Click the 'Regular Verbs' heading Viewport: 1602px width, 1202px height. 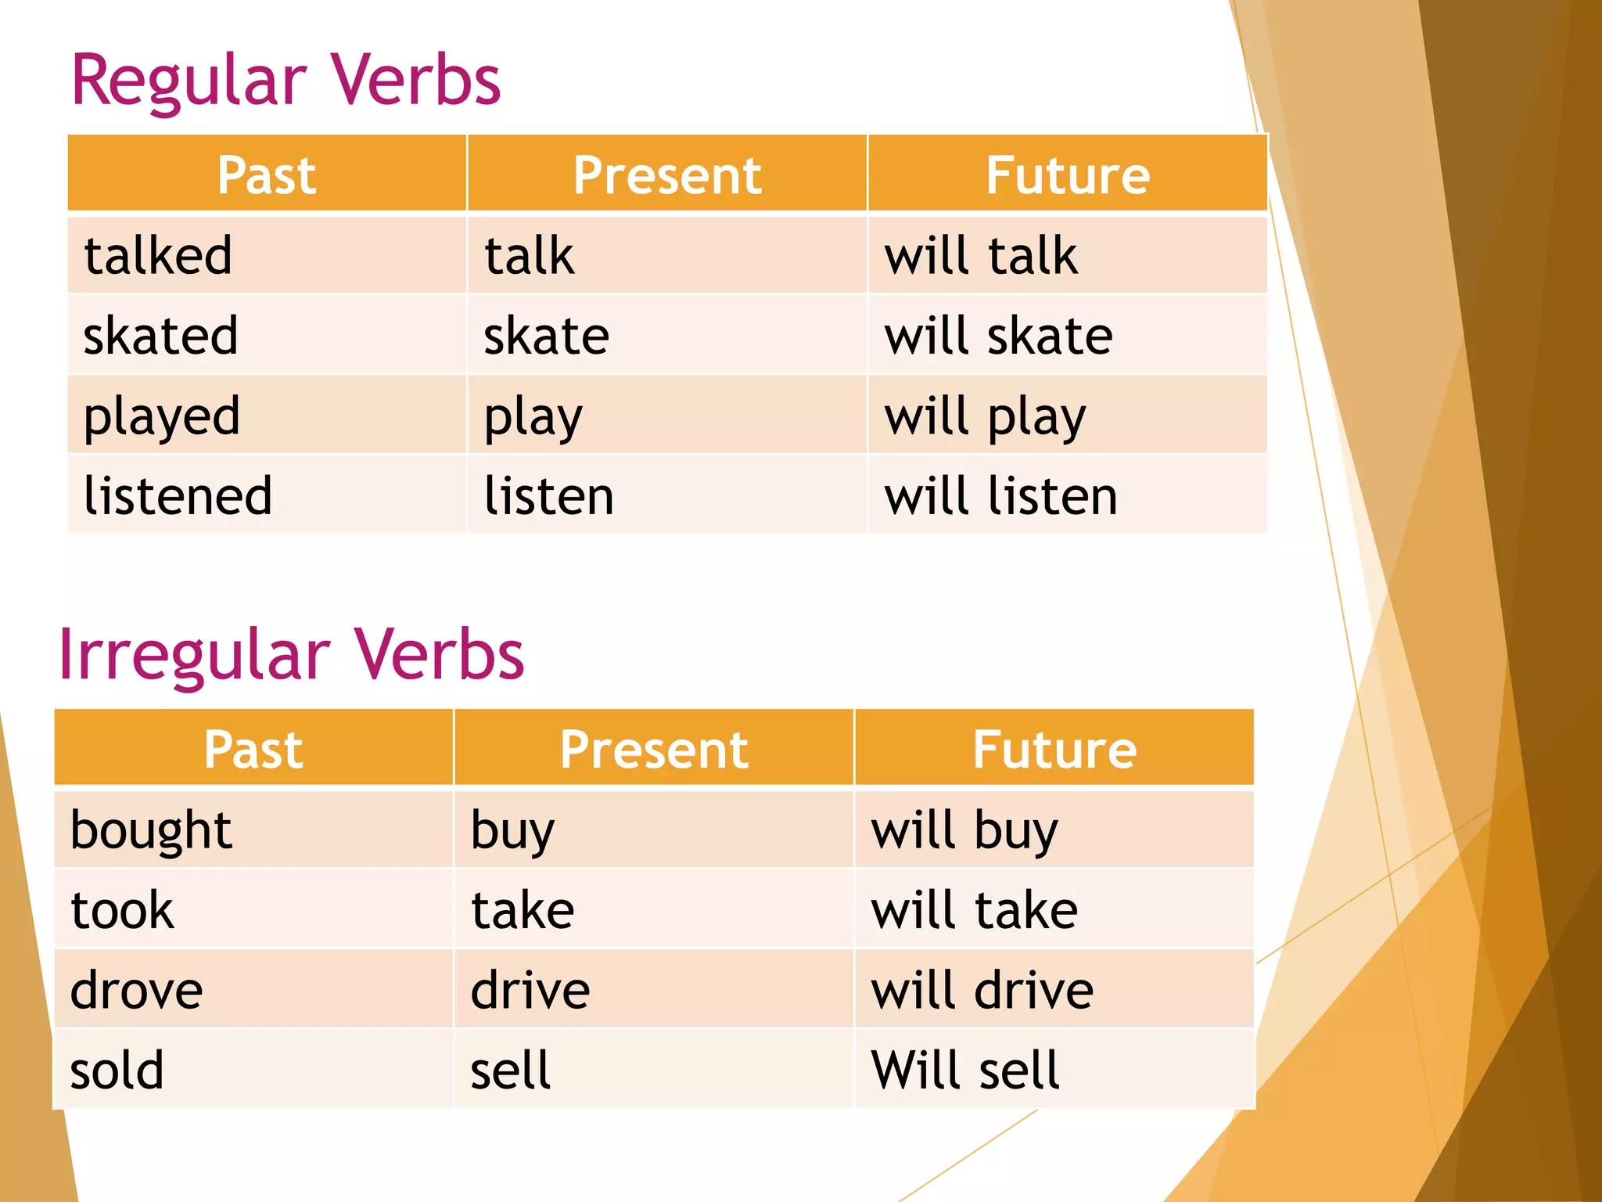[x=286, y=81]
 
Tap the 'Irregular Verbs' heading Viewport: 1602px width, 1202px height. [x=291, y=654]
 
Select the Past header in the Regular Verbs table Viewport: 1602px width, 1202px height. [x=267, y=175]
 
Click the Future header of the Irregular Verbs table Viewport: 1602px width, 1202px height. [x=1054, y=749]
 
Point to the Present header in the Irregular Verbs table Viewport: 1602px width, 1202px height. [x=654, y=749]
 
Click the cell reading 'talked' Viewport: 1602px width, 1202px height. [x=158, y=256]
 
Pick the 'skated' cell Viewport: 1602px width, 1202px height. [x=160, y=336]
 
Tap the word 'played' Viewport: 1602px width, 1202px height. [x=161, y=416]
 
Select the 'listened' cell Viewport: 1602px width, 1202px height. [x=178, y=496]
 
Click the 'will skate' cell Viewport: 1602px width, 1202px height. [x=998, y=336]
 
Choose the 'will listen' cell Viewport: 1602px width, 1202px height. [x=1000, y=496]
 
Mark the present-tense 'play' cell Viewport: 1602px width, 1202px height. [x=533, y=416]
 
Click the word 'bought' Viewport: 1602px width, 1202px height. [x=151, y=830]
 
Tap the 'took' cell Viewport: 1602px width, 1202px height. [x=122, y=910]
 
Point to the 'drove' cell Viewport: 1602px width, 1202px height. [x=136, y=991]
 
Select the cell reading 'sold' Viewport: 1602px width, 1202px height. [x=117, y=1071]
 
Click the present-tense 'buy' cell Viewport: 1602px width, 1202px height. [x=512, y=830]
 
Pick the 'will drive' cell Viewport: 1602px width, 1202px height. [x=982, y=991]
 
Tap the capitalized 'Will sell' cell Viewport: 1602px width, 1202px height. [x=965, y=1071]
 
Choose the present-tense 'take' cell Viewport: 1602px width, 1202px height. [x=523, y=910]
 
